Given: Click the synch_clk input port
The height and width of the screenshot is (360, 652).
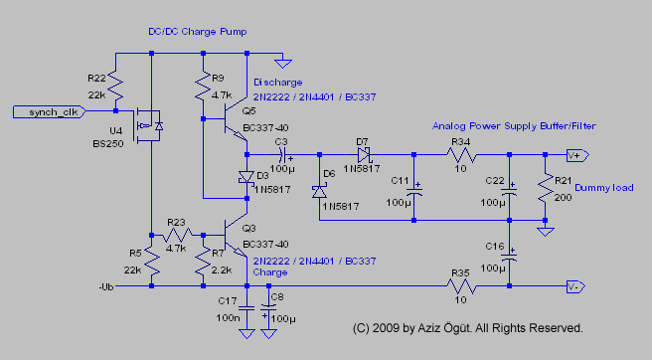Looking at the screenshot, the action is click(49, 112).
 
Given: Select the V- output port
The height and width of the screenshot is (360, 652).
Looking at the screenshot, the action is click(575, 286).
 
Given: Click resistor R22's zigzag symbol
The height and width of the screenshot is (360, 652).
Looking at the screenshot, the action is click(115, 87).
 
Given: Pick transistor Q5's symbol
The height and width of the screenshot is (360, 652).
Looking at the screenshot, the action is click(236, 119).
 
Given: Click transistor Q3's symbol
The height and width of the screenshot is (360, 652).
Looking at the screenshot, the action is click(236, 236).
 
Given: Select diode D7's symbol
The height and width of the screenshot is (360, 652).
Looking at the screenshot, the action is click(364, 155).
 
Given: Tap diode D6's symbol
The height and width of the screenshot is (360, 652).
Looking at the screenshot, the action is click(319, 192).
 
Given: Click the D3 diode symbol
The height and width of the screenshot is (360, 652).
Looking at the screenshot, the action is click(246, 177).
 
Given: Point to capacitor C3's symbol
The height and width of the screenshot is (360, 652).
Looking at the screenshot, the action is click(282, 155).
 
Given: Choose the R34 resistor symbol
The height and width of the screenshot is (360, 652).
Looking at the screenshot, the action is click(461, 155).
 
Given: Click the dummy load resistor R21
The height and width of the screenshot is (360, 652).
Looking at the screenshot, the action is click(545, 188).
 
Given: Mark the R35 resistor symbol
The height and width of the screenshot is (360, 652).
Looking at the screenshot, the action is click(461, 286).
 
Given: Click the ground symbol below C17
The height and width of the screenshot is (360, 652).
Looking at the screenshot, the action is click(246, 334).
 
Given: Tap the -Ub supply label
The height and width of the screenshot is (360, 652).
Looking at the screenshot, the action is click(106, 286).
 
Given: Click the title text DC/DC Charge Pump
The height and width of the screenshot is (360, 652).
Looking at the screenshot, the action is click(198, 32).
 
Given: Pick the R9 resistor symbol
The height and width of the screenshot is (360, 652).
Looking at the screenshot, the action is click(203, 87).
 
